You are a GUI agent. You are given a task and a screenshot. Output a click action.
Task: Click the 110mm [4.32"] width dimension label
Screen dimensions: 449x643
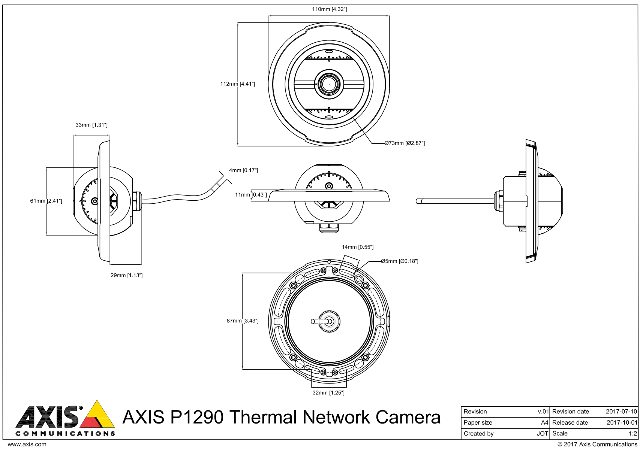(x=329, y=9)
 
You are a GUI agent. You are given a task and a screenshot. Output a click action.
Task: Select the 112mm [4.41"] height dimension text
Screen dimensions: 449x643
(x=237, y=84)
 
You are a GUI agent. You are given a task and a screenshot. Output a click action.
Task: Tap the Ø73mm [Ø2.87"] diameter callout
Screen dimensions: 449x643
(x=405, y=143)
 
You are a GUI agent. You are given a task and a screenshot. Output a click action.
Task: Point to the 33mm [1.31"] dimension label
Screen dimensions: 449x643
(x=91, y=125)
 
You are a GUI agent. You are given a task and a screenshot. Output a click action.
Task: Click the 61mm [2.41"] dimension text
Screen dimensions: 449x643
(x=46, y=201)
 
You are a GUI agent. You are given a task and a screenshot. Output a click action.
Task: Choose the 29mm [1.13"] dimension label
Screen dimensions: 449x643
(x=126, y=275)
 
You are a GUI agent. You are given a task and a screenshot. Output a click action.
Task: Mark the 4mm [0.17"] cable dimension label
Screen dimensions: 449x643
(x=243, y=170)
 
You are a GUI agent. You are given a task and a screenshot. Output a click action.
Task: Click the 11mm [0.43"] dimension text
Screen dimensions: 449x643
(x=251, y=195)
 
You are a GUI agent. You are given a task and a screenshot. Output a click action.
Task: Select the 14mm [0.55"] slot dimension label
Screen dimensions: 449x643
(x=357, y=247)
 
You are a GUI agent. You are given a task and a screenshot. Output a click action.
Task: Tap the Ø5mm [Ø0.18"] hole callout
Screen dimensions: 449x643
(x=399, y=261)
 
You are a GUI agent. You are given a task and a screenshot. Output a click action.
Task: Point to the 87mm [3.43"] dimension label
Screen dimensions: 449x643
(x=243, y=321)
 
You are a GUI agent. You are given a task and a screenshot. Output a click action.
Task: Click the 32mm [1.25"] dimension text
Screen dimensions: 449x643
(x=328, y=393)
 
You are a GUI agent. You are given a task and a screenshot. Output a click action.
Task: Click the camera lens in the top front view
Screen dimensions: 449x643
(x=329, y=84)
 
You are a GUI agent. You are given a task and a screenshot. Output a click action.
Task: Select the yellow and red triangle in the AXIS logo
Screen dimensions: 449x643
(x=97, y=416)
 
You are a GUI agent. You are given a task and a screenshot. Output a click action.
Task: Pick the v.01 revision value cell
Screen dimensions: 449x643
(x=543, y=412)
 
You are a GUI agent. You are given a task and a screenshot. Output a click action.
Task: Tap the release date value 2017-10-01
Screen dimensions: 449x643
(x=622, y=422)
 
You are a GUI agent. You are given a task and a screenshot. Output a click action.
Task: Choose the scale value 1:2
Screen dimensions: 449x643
(x=633, y=434)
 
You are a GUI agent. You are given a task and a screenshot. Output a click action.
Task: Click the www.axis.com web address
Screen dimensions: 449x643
(x=27, y=445)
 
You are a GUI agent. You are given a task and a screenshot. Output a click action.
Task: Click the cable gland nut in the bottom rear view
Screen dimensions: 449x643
(x=329, y=321)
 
